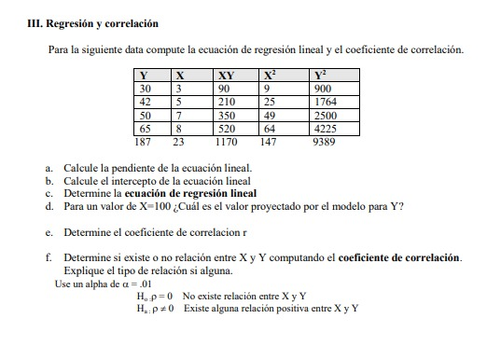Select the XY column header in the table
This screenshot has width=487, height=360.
[x=225, y=76]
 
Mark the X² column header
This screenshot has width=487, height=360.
[x=270, y=76]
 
